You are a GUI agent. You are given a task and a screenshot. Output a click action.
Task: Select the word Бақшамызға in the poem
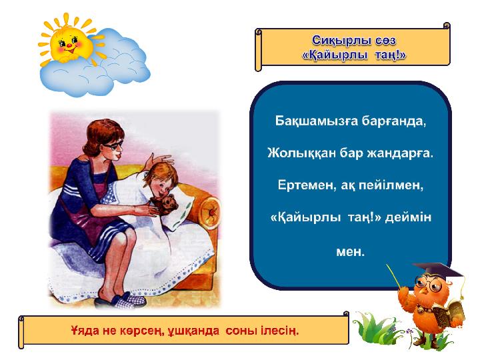(316, 121)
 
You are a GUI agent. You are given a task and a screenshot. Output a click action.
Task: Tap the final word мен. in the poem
(350, 251)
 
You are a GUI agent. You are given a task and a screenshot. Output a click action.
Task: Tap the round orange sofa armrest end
(210, 211)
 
